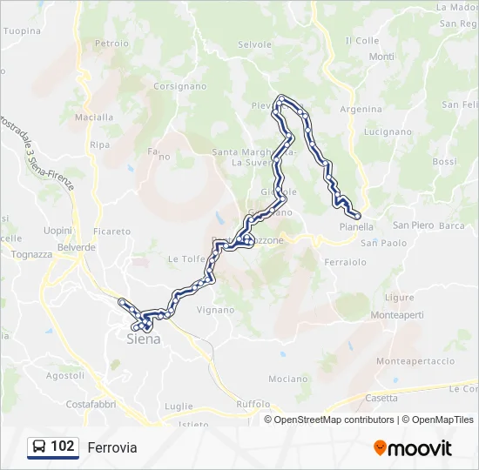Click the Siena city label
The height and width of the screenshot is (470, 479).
[x=144, y=339]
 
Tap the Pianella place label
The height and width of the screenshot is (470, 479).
[x=356, y=226]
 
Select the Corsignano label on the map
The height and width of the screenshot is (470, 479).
[x=179, y=86]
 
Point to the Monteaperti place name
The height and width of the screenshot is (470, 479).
[x=398, y=314]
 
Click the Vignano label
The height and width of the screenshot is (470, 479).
[x=215, y=309]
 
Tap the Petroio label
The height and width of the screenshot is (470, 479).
[x=111, y=43]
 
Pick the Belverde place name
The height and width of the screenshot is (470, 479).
[x=77, y=247]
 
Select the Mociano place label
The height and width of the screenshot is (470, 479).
[x=288, y=379]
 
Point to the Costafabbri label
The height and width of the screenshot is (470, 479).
[x=91, y=406]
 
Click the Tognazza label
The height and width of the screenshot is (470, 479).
[x=32, y=254]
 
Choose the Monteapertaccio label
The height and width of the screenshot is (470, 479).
[x=415, y=360]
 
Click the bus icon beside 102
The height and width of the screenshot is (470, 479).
[x=40, y=446]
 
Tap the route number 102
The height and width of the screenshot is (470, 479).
[x=63, y=446]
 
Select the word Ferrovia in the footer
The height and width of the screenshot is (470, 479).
[x=112, y=447]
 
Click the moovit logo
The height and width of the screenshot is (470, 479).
[x=413, y=448]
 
